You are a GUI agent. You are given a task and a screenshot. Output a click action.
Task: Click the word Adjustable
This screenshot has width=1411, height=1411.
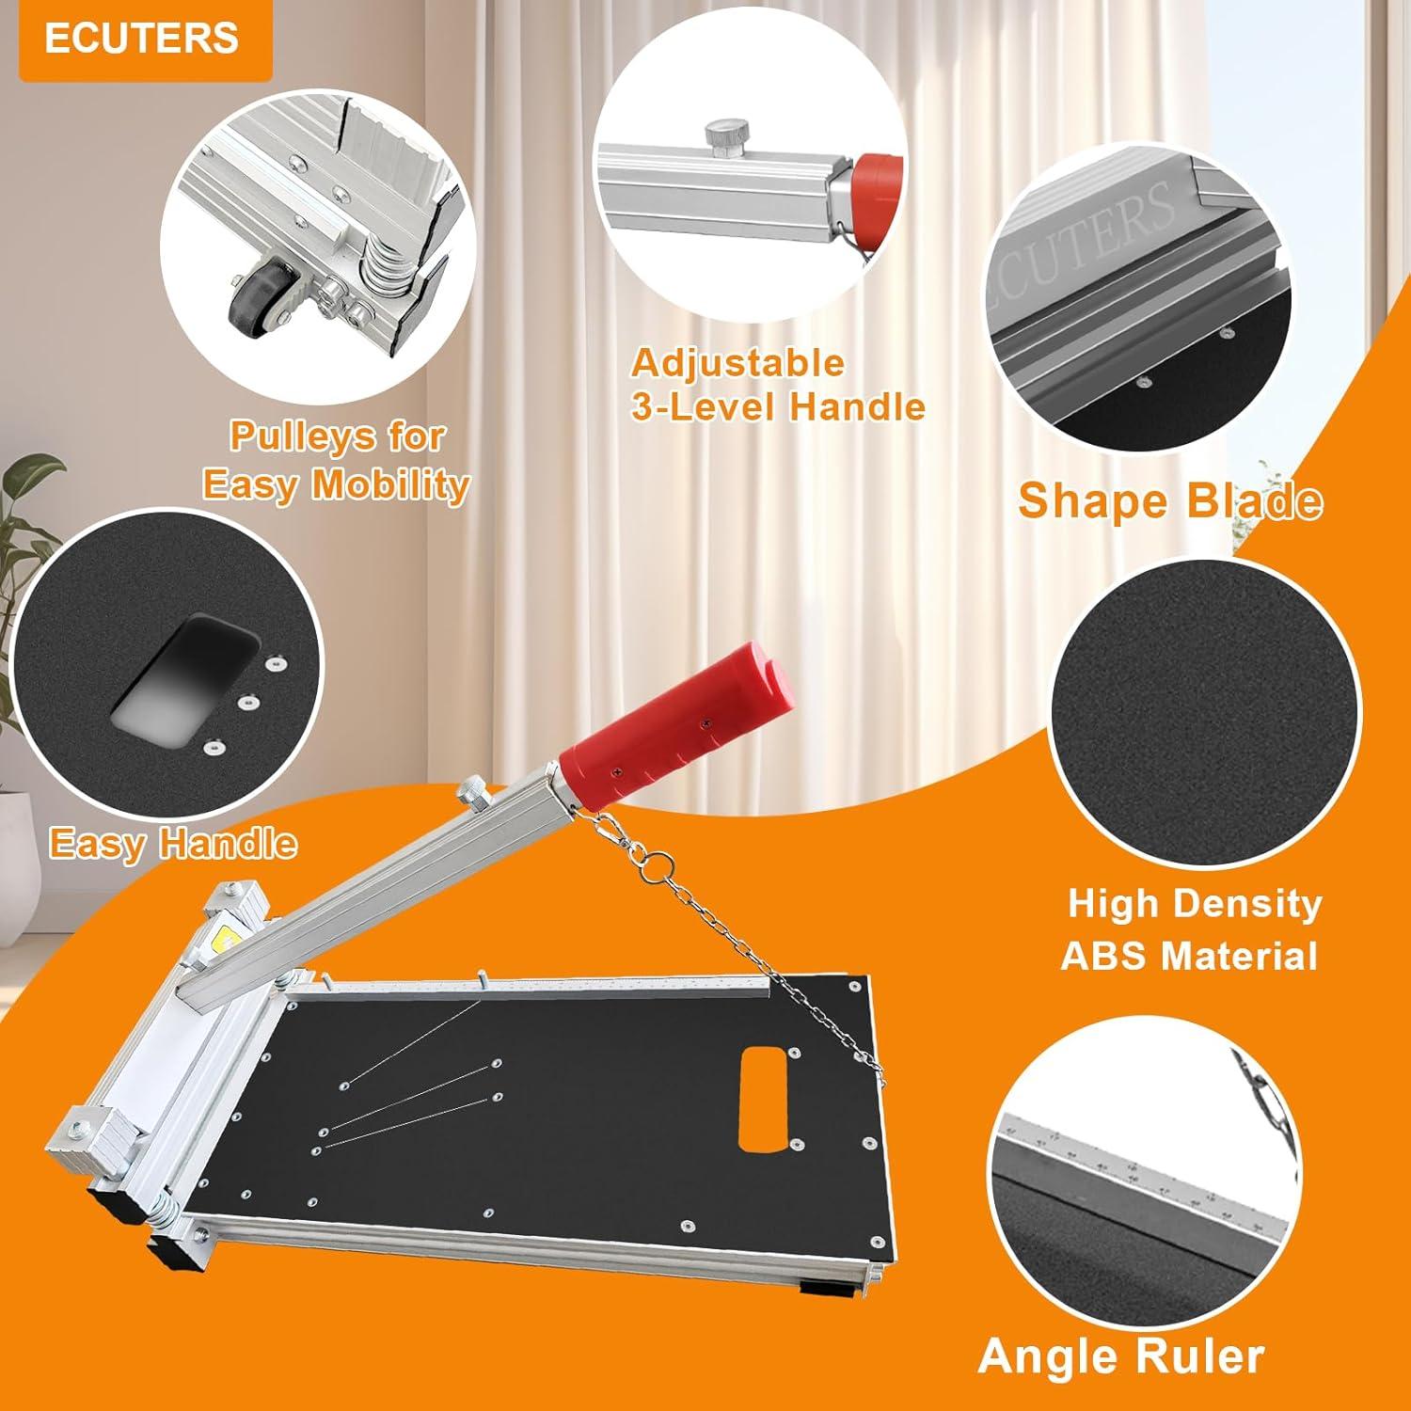click(x=737, y=363)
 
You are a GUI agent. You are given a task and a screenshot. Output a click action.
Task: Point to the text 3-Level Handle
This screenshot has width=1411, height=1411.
click(x=778, y=407)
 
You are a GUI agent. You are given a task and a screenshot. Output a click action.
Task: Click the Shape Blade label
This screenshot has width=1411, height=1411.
click(x=1169, y=500)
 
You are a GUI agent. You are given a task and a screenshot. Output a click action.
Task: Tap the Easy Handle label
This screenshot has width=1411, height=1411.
click(x=173, y=843)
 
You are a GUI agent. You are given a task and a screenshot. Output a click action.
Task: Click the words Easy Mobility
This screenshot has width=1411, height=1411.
click(x=336, y=484)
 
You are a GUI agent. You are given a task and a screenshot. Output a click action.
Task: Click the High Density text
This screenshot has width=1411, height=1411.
click(x=1194, y=904)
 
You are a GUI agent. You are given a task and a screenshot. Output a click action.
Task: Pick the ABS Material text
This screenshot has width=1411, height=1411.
click(x=1189, y=956)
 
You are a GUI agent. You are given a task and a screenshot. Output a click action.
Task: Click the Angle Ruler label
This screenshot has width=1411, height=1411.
click(x=1120, y=1356)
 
